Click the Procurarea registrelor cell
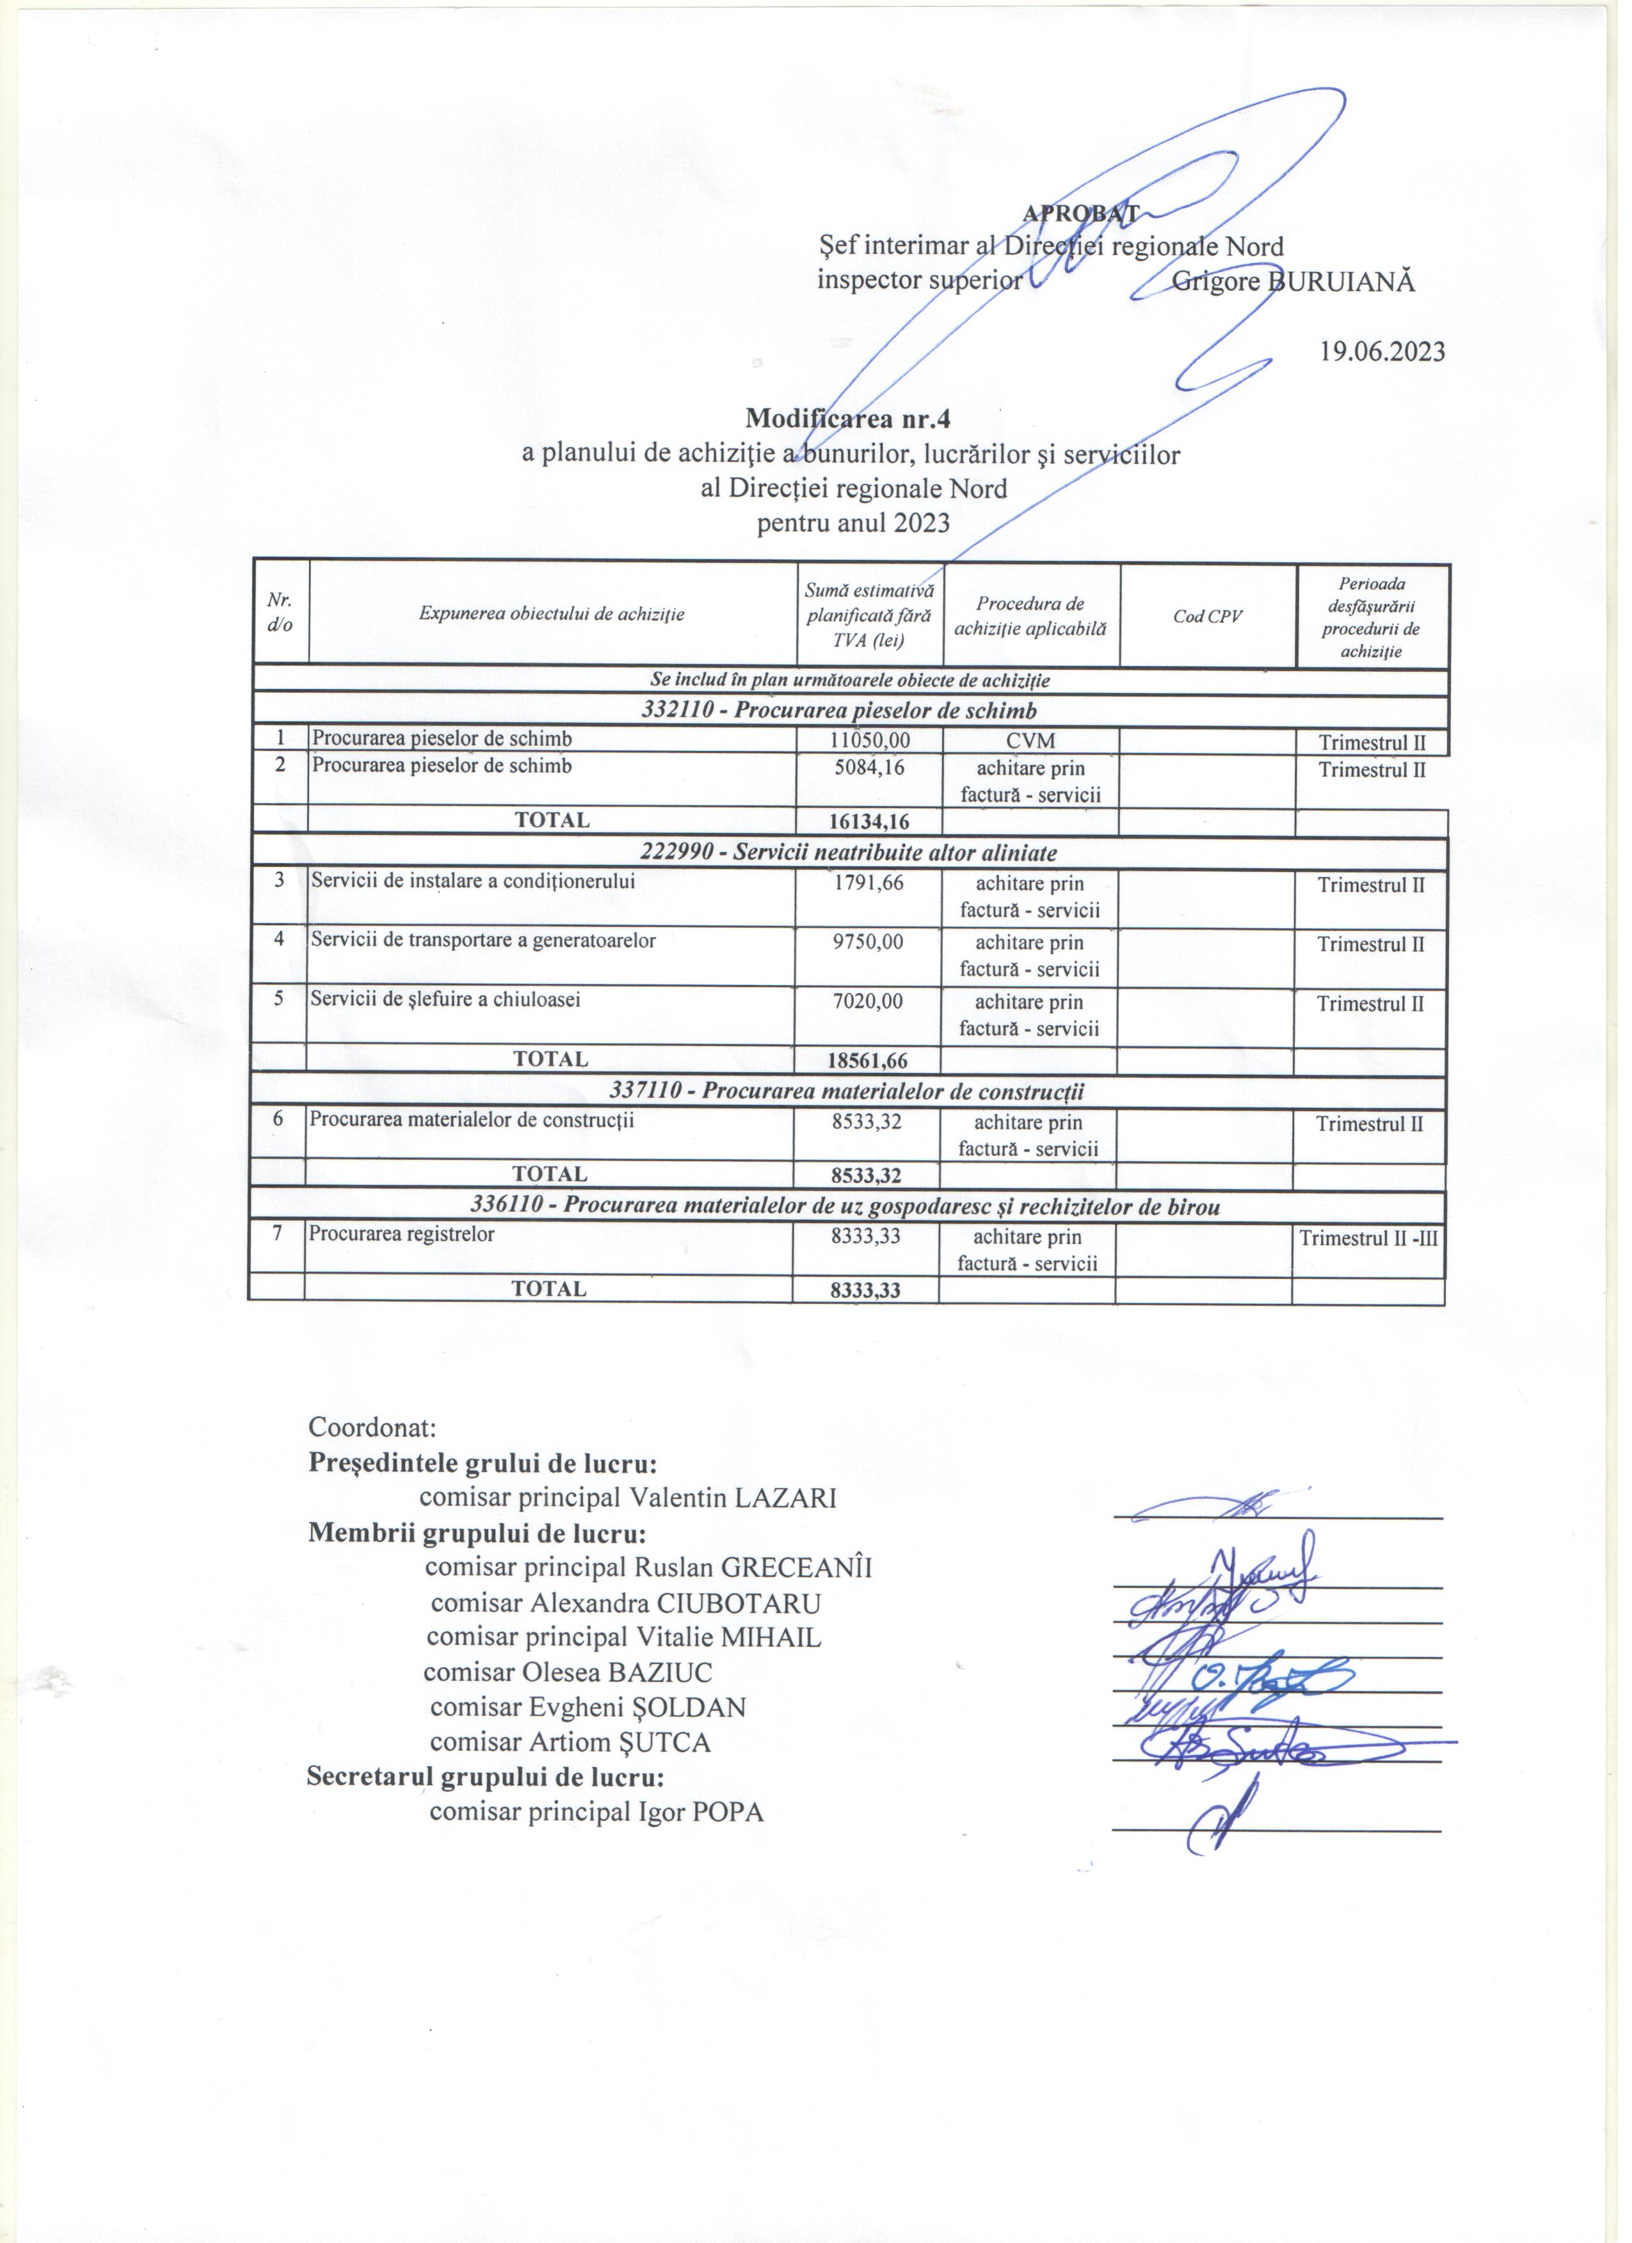point(404,1243)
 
